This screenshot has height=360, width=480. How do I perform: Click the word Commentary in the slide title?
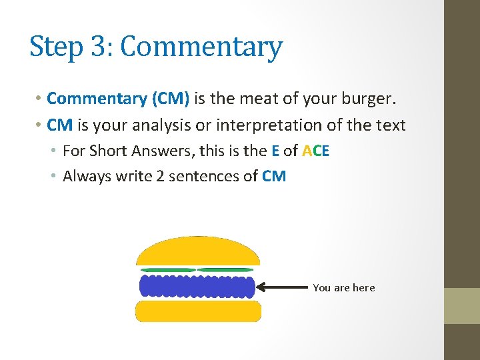[x=201, y=48]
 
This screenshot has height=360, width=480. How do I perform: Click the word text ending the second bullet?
[x=389, y=125]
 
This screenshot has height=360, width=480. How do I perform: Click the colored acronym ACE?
[x=315, y=151]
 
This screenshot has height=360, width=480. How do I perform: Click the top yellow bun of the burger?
[x=197, y=253]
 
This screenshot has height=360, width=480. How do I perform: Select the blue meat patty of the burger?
[x=197, y=287]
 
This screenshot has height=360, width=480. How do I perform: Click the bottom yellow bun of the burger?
[x=198, y=311]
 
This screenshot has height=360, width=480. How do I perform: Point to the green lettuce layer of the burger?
[x=197, y=270]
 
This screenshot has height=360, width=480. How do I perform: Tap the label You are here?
[x=344, y=288]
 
